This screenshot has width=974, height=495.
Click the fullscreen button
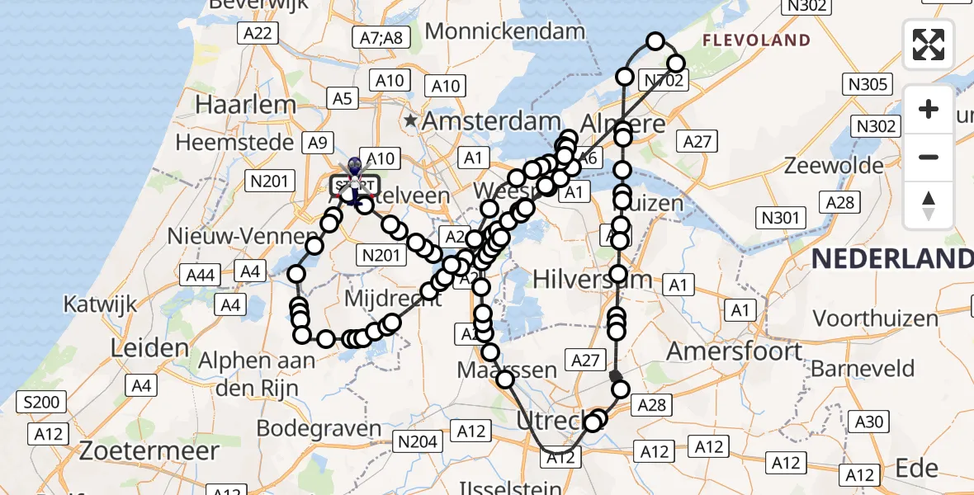pyautogui.click(x=929, y=45)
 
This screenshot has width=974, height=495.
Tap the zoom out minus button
pyautogui.click(x=929, y=157)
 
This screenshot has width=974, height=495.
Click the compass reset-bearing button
pyautogui.click(x=929, y=205)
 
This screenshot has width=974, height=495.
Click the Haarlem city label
pyautogui.click(x=245, y=105)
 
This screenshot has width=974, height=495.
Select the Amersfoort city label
pyautogui.click(x=734, y=351)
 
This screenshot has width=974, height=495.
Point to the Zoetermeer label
pyautogui.click(x=149, y=450)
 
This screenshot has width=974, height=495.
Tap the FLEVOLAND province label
pyautogui.click(x=756, y=40)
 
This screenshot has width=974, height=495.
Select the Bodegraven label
pyautogui.click(x=319, y=429)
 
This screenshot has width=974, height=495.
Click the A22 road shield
pyautogui.click(x=257, y=33)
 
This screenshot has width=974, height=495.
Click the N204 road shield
pyautogui.click(x=416, y=441)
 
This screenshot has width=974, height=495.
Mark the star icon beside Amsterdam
pyautogui.click(x=411, y=121)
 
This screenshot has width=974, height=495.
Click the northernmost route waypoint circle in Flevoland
pyautogui.click(x=655, y=41)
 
